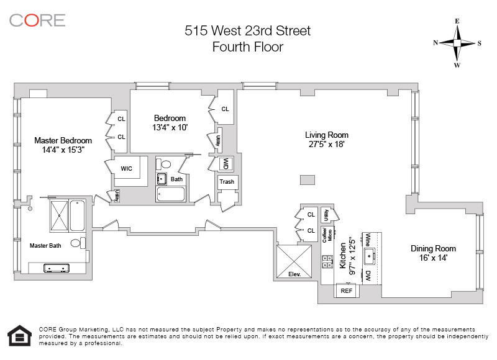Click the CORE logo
[37, 20]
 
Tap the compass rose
[457, 43]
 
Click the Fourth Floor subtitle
[247, 47]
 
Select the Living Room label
[326, 135]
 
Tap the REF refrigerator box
[346, 290]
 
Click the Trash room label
[227, 182]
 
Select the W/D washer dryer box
[225, 163]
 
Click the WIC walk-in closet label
[126, 168]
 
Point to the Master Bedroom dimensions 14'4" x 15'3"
[63, 150]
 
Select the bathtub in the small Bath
[170, 194]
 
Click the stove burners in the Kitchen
[327, 262]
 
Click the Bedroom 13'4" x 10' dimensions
[170, 127]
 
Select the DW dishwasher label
[368, 275]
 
